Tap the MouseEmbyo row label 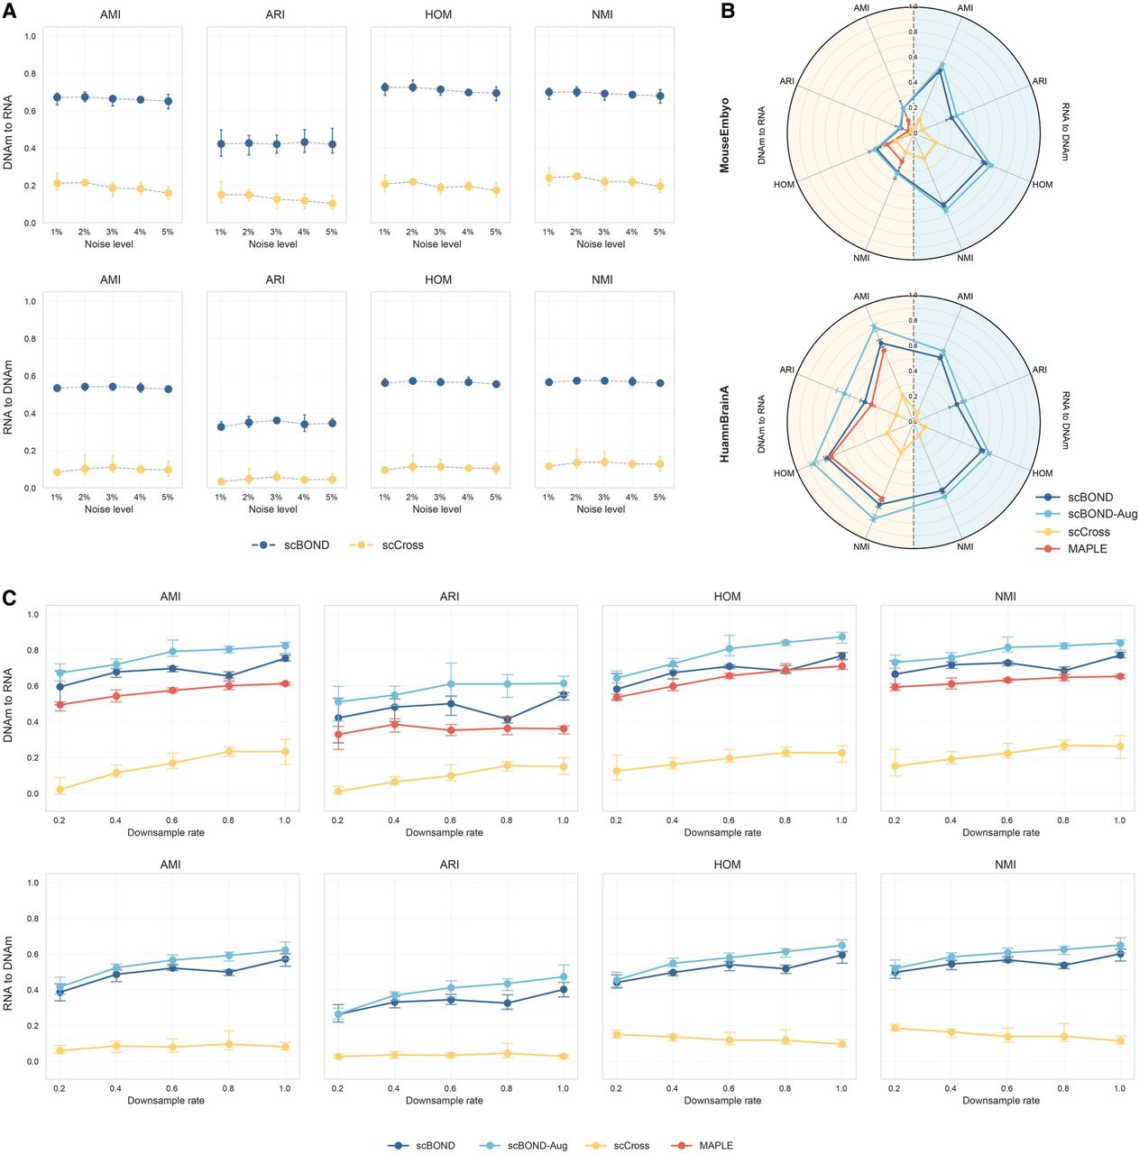pos(725,135)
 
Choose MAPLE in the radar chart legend pos(1087,548)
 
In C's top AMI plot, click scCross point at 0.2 pos(60,790)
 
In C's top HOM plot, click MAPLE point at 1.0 pos(841,665)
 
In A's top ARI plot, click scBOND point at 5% pos(332,144)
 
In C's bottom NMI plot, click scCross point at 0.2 pos(895,1028)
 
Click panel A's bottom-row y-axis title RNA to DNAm pos(8,398)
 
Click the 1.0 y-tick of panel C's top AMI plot pos(32,615)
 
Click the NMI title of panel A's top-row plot pos(602,15)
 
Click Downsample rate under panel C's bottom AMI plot pos(166,1100)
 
